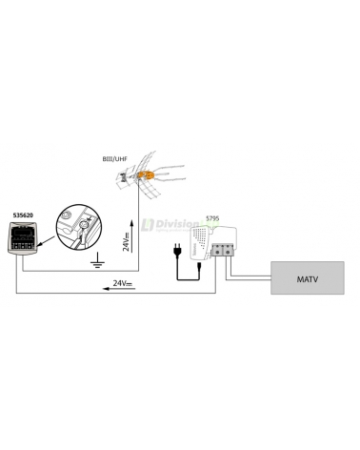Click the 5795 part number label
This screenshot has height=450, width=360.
(214, 218)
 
